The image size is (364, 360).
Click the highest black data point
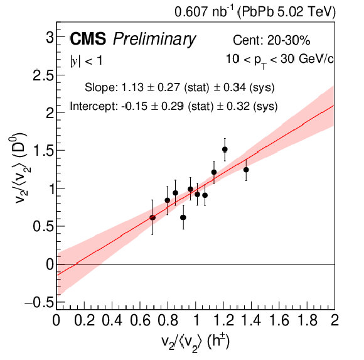pos(225,149)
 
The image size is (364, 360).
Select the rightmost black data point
pos(246,170)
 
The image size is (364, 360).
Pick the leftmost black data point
pos(153,218)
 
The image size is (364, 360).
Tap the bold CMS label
pos(88,38)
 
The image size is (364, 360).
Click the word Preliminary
pos(154,39)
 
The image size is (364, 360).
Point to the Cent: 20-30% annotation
pos(271,40)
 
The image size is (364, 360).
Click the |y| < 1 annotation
pos(86,61)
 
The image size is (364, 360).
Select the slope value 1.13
pos(132,87)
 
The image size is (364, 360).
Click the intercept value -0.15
pos(134,106)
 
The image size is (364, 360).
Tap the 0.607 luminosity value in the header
pos(191,12)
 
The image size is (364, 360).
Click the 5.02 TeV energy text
pos(306,12)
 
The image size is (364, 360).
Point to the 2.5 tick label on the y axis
pos(43,75)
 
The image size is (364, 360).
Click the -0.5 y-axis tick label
pos(39,303)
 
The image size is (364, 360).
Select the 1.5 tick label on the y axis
pos(44,151)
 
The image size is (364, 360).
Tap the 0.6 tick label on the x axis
pos(140,320)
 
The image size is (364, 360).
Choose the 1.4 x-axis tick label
pos(252,320)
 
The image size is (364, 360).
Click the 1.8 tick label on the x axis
pos(307,320)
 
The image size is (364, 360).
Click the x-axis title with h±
pos(195,342)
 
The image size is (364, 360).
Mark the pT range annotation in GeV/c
pos(280,60)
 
